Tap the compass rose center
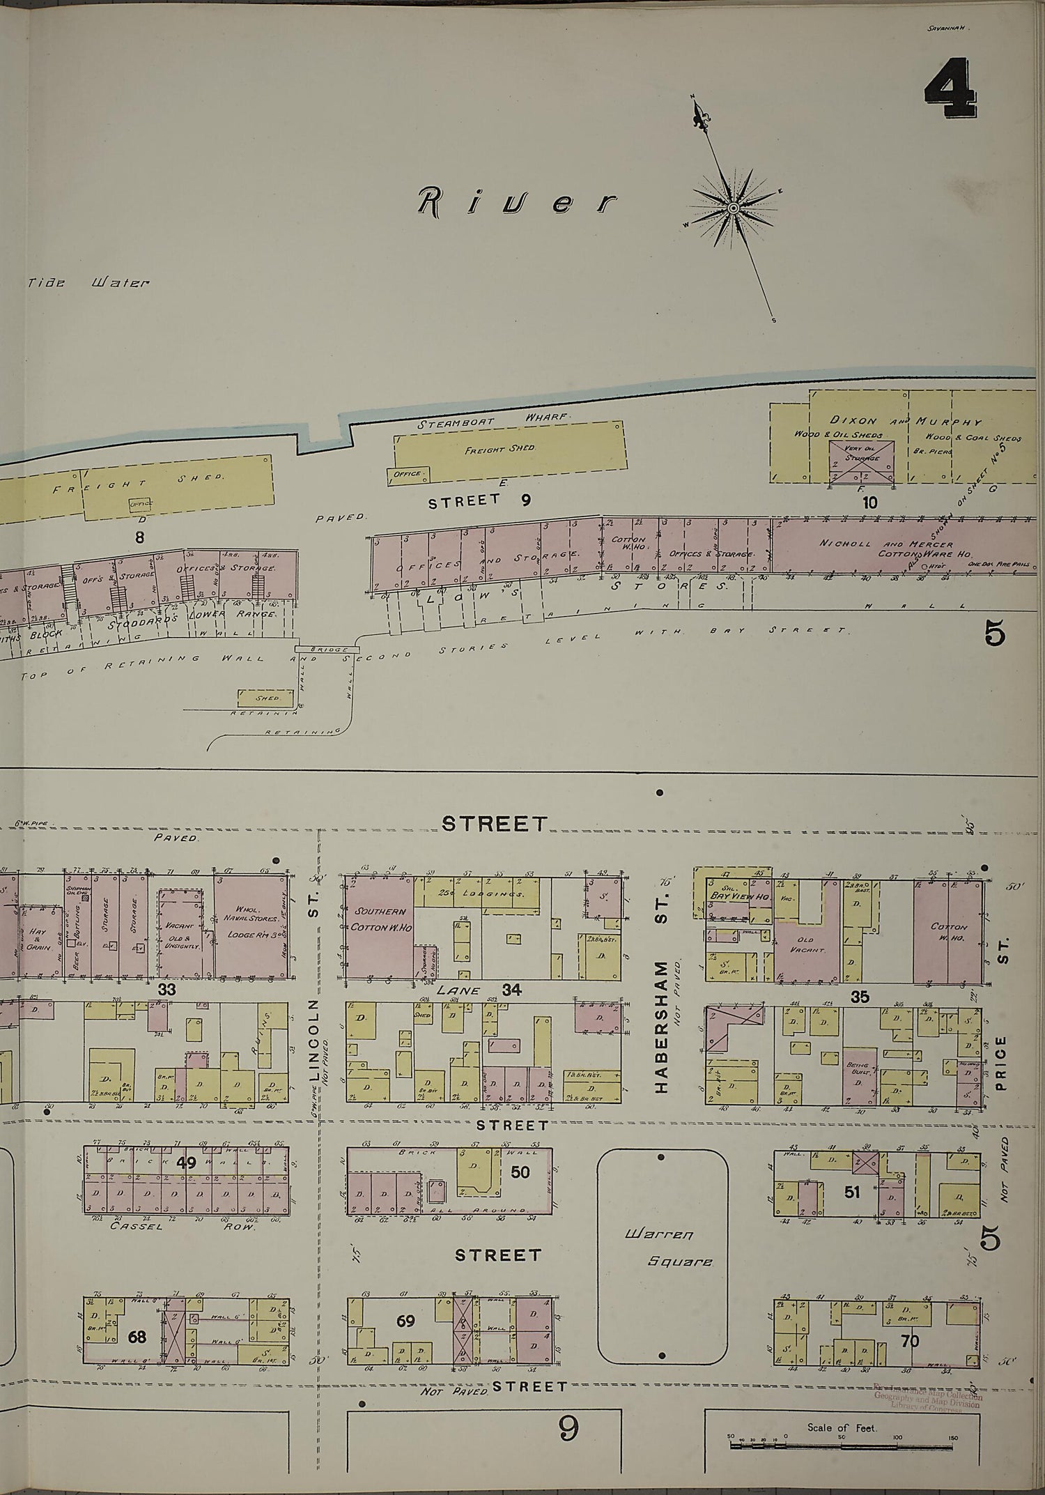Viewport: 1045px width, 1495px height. coord(734,208)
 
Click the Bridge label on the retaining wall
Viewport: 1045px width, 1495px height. coord(327,650)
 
